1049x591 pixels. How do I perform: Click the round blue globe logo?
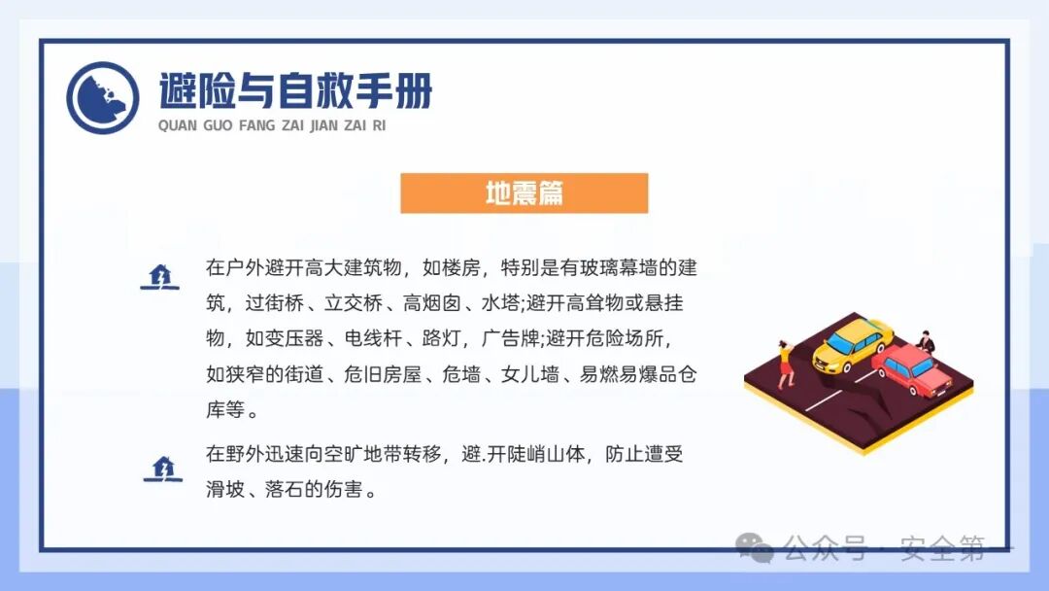coord(103,97)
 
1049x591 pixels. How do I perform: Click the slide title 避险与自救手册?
coord(295,91)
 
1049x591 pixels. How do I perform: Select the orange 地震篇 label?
coord(524,192)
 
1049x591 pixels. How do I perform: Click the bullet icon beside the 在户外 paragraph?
coord(160,277)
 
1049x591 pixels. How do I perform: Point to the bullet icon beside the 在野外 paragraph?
coord(162,469)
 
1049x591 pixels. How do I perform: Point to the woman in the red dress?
coord(786,363)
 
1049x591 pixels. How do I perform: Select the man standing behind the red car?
coord(928,341)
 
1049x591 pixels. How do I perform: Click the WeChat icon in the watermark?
coord(755,548)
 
